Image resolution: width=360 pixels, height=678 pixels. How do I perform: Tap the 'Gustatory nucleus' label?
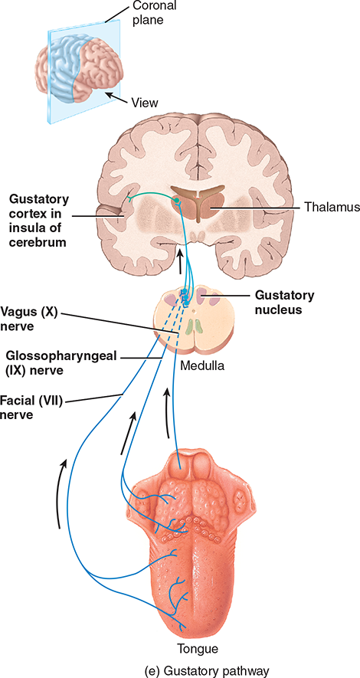[283, 303]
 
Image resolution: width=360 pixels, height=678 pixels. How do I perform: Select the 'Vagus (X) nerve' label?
[29, 318]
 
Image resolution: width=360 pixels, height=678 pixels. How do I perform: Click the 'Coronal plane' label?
[149, 13]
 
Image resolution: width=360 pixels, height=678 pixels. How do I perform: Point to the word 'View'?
[146, 103]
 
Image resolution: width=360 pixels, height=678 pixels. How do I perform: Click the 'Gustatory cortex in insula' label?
[38, 221]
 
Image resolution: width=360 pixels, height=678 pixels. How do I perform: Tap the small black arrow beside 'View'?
[116, 98]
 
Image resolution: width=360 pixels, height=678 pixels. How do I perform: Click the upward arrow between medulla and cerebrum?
[180, 262]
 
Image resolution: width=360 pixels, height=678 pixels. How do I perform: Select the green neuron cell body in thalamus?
[176, 200]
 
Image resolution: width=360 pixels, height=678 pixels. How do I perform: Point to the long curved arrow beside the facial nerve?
[61, 493]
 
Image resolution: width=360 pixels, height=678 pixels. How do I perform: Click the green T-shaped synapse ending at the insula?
[129, 199]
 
